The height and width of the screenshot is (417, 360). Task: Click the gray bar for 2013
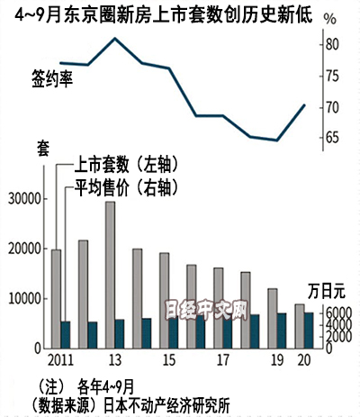point(110,275)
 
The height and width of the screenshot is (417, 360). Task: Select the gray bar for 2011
point(56,299)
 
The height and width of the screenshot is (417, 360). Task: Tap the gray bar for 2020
point(300,326)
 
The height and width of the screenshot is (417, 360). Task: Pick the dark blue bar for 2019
point(282,331)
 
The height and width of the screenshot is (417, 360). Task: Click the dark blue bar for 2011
point(66,335)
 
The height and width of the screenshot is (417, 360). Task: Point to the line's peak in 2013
point(115,38)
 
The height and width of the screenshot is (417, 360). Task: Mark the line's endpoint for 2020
point(304,104)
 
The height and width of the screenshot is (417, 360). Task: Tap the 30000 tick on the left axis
point(42,199)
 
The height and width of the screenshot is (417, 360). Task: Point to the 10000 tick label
point(24,299)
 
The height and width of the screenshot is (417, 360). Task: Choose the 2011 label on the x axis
point(60,360)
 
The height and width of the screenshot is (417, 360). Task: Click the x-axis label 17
point(223,360)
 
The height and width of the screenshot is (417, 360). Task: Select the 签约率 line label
point(52,79)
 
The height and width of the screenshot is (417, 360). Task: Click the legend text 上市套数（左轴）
point(126,164)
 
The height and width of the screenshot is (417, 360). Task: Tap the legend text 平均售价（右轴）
point(126,187)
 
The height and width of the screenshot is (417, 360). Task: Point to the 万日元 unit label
point(327,291)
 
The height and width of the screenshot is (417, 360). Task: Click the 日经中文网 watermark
point(207,310)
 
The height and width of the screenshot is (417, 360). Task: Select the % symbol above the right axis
point(330,19)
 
